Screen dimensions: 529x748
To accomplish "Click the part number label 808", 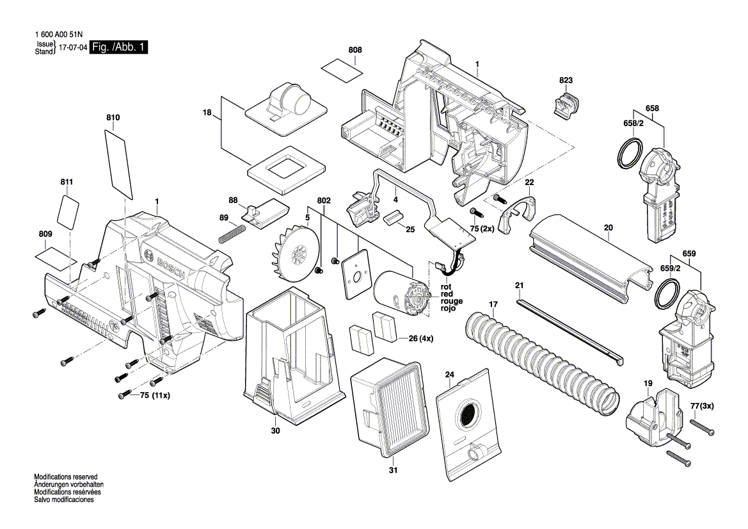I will point(355,49).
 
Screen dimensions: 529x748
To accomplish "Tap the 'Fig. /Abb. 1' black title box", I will point(118,47).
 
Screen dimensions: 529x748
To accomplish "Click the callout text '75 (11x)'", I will point(155,396).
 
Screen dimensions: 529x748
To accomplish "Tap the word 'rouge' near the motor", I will point(451,301).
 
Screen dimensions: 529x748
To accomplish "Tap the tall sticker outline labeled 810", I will point(119,163).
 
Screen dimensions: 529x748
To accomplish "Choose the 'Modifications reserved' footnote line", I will point(65,477).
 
